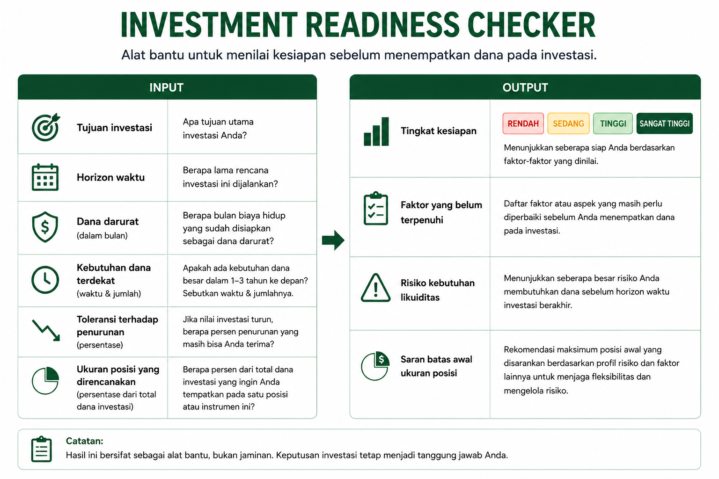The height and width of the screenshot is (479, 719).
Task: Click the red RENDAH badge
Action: click(523, 123)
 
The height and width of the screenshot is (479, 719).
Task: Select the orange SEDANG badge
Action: click(568, 123)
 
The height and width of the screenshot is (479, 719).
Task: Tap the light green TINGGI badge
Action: click(613, 123)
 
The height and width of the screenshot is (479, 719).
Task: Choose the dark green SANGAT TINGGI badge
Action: click(664, 123)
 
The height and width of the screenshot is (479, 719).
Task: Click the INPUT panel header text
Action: click(166, 87)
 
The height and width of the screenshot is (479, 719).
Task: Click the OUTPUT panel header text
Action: click(525, 87)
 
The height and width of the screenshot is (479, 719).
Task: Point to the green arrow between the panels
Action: click(333, 240)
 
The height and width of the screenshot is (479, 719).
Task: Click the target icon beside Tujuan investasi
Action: click(45, 127)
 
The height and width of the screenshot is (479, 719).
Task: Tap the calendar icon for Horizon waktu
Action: click(45, 177)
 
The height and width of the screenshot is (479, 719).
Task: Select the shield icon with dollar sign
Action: click(45, 227)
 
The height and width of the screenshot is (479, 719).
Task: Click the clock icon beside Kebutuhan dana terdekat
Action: click(45, 280)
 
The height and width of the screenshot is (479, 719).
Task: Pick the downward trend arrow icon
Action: click(46, 330)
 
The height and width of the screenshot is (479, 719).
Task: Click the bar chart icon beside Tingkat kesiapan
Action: click(376, 131)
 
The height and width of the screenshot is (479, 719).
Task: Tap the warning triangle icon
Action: click(376, 288)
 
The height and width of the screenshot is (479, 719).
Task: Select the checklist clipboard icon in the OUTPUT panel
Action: click(376, 209)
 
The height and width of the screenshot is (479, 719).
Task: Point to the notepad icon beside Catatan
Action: click(41, 449)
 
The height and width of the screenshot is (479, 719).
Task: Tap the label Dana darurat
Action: click(108, 221)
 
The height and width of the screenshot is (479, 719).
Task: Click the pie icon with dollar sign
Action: click(375, 366)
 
